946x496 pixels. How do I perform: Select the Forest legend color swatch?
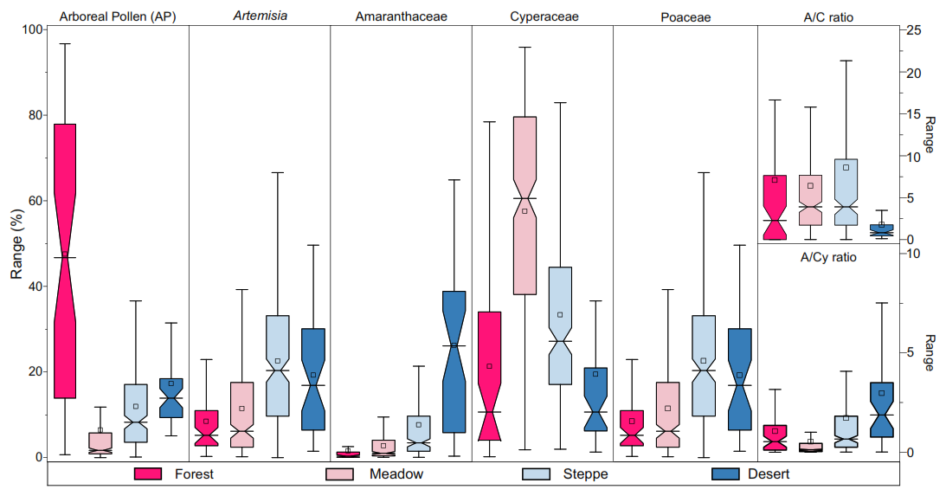pyautogui.click(x=148, y=473)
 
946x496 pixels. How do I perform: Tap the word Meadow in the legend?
pyautogui.click(x=396, y=473)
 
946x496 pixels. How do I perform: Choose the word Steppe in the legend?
pyautogui.click(x=585, y=473)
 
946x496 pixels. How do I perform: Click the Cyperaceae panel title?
pyautogui.click(x=544, y=16)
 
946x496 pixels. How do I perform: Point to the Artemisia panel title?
pyautogui.click(x=260, y=16)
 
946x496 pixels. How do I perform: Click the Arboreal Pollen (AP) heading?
pyautogui.click(x=118, y=16)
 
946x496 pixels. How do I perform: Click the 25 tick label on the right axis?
pyautogui.click(x=912, y=30)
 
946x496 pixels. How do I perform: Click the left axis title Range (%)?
pyautogui.click(x=16, y=243)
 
